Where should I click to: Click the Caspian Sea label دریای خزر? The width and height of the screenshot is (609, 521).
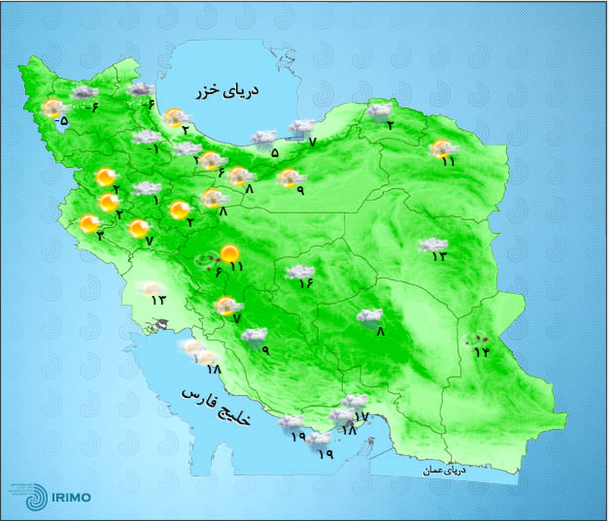pos(227,92)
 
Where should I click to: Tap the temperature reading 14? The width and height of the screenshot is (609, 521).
pos(481,351)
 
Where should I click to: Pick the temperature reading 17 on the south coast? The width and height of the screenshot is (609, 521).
pos(360,416)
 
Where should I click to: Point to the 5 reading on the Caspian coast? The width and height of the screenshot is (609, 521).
pos(275,152)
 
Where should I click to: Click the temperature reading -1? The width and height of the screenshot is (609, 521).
pos(153,150)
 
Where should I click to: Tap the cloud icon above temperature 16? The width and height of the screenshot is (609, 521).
pos(300,272)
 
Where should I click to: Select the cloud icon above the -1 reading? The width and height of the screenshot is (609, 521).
pos(146,137)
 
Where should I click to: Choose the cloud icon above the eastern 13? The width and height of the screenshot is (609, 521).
pos(433,245)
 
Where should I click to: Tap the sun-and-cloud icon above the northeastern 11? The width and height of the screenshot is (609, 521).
pos(443,148)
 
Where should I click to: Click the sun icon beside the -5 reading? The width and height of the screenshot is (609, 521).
pos(53,108)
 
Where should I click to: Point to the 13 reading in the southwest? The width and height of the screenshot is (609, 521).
pos(158,300)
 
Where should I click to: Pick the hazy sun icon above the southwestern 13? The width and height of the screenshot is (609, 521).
pos(151,288)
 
